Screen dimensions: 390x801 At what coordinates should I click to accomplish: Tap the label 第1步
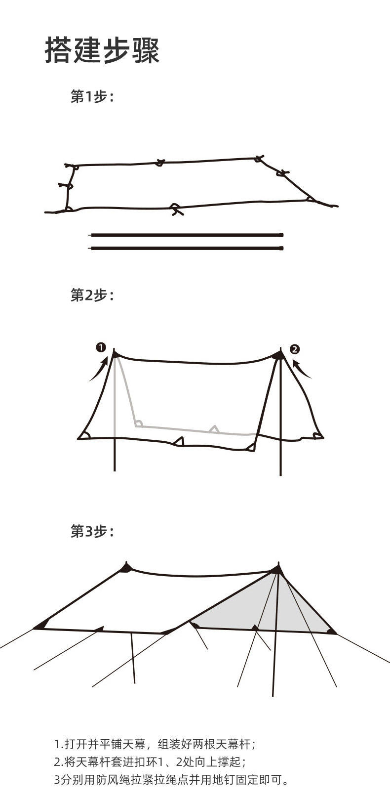92,97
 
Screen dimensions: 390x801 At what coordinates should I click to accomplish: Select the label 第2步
92,295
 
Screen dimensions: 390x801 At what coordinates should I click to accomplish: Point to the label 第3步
92,532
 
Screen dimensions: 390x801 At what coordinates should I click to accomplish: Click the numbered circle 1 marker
101,347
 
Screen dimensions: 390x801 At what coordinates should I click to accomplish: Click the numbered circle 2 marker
295,349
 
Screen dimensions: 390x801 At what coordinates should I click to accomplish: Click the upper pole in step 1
187,235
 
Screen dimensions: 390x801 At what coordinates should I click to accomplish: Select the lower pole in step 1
187,248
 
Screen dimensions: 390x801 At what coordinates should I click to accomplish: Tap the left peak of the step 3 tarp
127,567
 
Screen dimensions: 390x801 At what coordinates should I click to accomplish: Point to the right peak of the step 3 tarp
277,570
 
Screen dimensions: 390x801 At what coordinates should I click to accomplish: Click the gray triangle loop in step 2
214,429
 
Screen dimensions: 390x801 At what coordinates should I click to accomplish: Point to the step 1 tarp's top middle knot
159,162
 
